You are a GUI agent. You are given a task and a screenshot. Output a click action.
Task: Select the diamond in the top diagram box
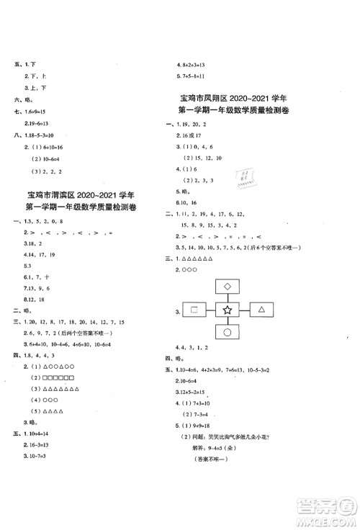[228, 287]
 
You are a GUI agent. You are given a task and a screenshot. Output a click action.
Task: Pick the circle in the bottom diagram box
[228, 332]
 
